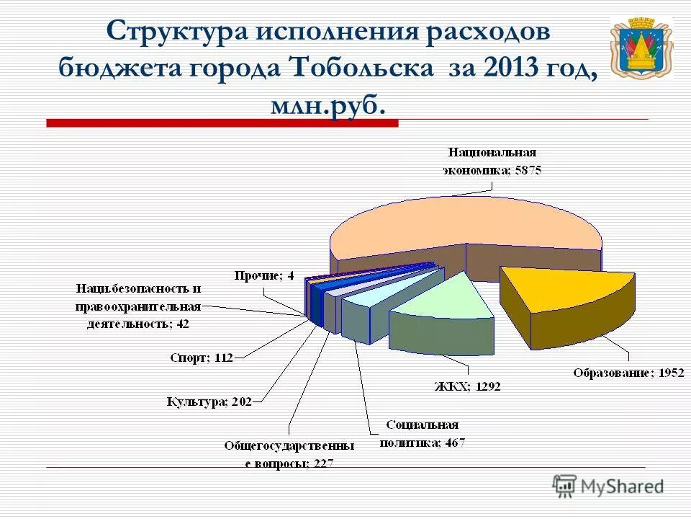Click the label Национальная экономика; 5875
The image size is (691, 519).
tap(492, 161)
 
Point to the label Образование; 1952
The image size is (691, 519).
tap(628, 373)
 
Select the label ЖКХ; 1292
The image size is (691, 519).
tap(466, 386)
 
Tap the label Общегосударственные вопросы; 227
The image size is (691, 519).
tap(289, 455)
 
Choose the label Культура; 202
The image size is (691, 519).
tap(209, 402)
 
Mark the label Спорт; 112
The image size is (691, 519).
tap(201, 358)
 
